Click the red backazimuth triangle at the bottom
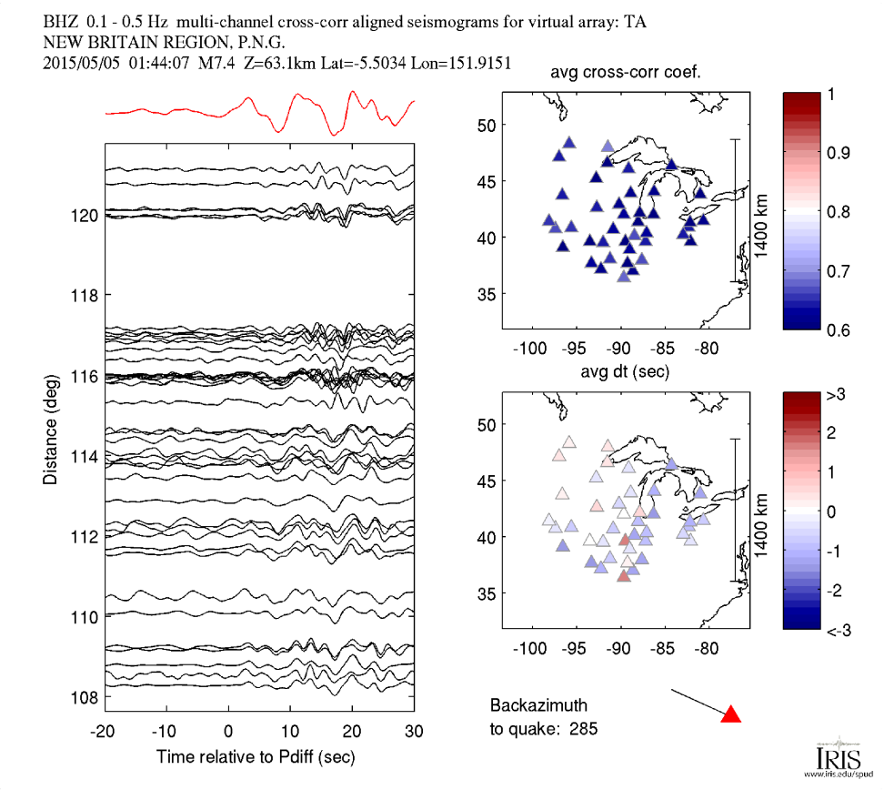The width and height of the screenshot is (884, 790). click(x=730, y=714)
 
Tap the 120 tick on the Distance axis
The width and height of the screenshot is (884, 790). click(x=88, y=216)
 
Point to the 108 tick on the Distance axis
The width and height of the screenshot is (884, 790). click(x=88, y=697)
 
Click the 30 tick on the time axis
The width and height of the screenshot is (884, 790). click(x=415, y=732)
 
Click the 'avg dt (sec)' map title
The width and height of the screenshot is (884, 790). click(x=626, y=373)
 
